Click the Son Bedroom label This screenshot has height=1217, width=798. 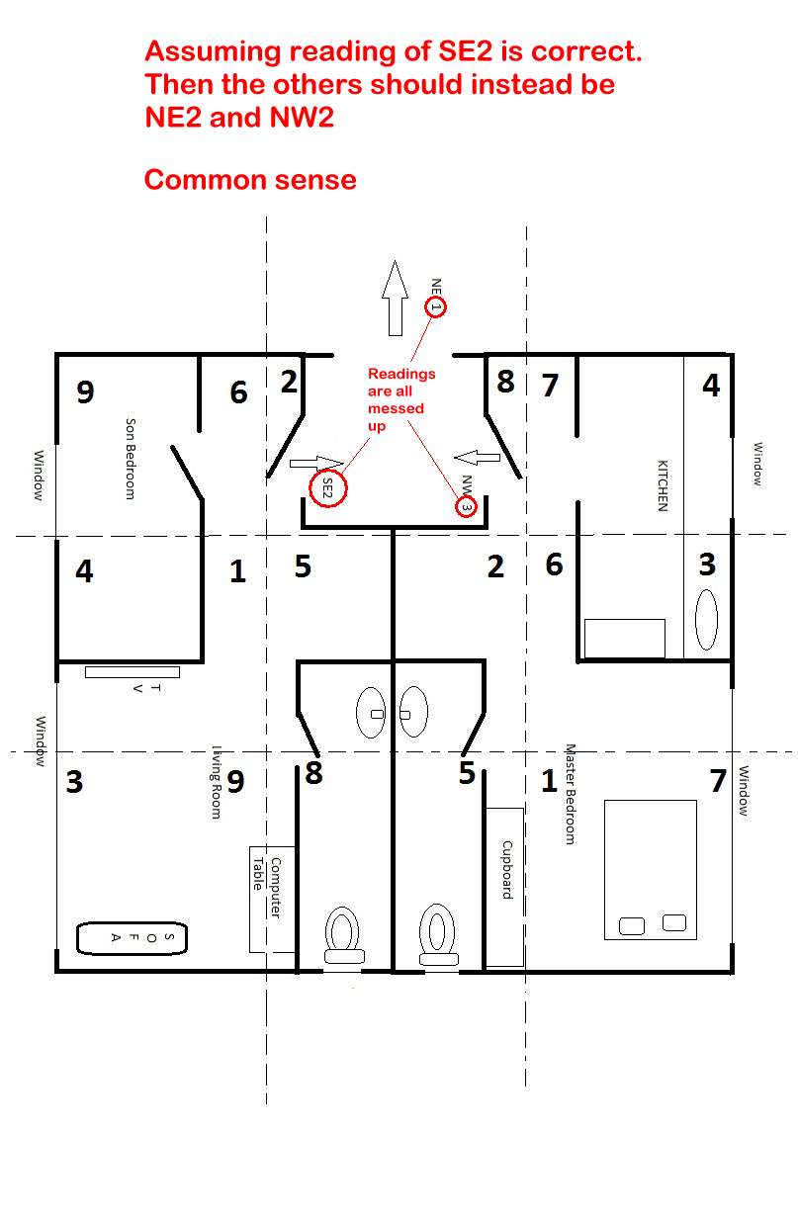(131, 459)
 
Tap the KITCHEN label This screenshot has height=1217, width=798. (663, 485)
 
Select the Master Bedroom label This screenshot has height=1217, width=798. (570, 794)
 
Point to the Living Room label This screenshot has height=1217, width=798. (217, 782)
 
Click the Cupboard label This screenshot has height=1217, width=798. (507, 870)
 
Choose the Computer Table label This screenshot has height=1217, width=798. (267, 888)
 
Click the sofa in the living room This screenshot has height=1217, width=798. (133, 938)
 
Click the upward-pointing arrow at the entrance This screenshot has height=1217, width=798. (396, 299)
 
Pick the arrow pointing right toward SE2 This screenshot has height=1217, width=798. (316, 464)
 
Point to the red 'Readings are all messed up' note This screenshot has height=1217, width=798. (401, 399)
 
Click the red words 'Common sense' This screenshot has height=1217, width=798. (250, 180)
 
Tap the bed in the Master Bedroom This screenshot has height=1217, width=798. (650, 870)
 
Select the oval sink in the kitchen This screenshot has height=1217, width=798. (706, 620)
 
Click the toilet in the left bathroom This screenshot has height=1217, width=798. (343, 935)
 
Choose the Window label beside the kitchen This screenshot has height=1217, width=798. (757, 464)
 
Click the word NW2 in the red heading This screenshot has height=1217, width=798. (302, 118)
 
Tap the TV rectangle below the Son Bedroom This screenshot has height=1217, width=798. (133, 672)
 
